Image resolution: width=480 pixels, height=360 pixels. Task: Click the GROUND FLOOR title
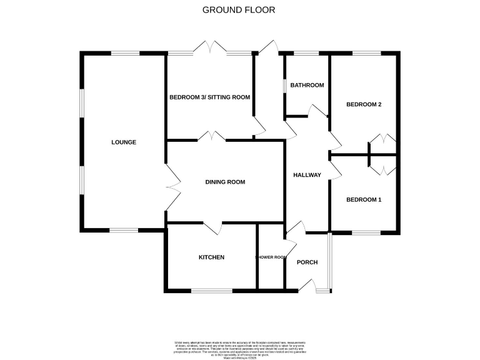coord(239,10)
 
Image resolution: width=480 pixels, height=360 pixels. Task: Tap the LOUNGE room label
coord(124,142)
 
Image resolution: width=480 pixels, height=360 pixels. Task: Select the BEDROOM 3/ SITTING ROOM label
coord(209,97)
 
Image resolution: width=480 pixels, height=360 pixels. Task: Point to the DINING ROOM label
coord(225,182)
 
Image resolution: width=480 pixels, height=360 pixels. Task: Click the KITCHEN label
coord(211,257)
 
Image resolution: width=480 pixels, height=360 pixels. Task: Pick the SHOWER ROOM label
coord(271,257)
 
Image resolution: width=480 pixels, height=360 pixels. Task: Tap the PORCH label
coord(307,262)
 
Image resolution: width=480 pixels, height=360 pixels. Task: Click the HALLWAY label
coord(307,175)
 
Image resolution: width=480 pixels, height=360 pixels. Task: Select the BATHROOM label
coord(307,85)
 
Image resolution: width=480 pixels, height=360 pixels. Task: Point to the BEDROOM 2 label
coord(364,104)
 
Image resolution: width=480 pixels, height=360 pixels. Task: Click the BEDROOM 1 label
coord(364,200)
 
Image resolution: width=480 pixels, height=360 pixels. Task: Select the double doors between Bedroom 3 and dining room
coord(212,136)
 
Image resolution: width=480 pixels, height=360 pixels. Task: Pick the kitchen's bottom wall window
coord(211,290)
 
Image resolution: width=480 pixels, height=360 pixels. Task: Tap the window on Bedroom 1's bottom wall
coord(366,232)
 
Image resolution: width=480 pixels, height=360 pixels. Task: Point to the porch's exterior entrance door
coord(308,285)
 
